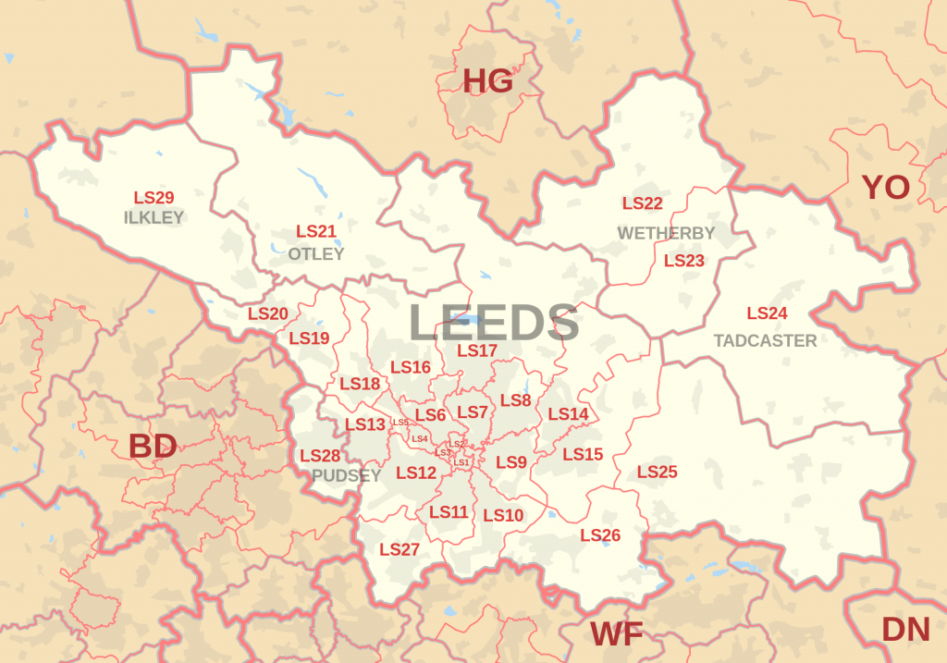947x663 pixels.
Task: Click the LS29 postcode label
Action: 154,198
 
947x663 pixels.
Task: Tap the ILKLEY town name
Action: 154,218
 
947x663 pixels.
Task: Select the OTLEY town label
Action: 315,253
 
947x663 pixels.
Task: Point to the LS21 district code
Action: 315,232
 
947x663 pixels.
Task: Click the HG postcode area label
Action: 487,82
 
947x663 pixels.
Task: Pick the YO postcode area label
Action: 885,188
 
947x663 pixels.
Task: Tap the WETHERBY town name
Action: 666,233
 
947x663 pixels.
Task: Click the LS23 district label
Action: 684,261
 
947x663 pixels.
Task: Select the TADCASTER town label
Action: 765,341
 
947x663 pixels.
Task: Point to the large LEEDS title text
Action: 494,324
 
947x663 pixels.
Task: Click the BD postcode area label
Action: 153,447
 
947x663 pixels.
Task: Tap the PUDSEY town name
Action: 346,476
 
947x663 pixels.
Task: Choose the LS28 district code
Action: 320,456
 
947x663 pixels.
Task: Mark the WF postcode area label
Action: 616,635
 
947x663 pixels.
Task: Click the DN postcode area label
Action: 905,630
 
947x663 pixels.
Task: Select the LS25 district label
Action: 657,473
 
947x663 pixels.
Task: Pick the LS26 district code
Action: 600,535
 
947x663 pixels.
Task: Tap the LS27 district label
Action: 400,549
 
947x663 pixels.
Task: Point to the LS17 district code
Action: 477,350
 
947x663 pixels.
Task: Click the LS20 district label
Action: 268,314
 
